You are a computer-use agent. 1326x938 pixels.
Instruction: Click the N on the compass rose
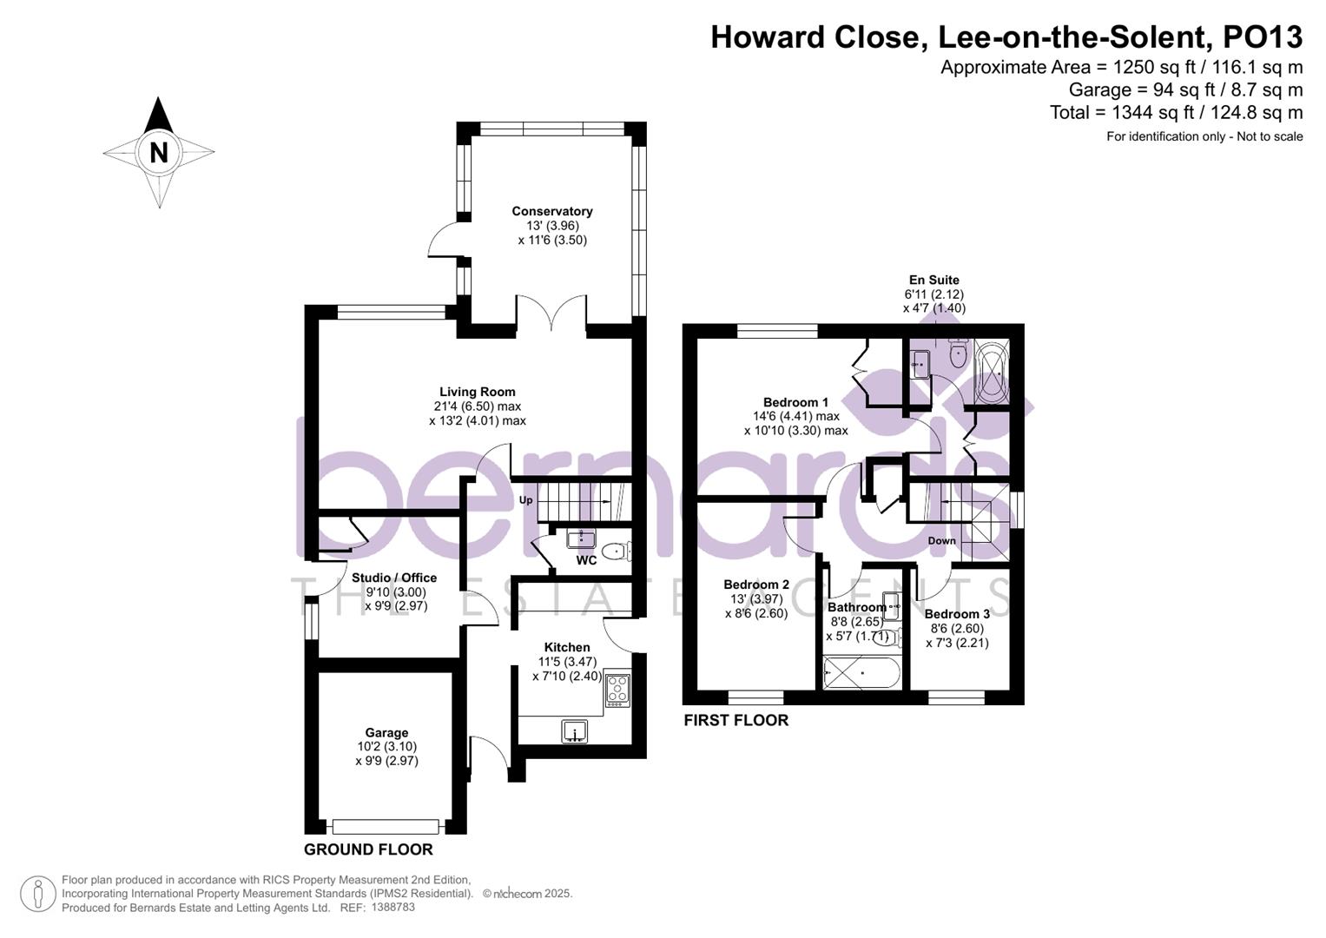click(x=158, y=153)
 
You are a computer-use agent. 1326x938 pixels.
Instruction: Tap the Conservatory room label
click(x=551, y=211)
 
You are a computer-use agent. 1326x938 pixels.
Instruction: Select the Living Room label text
click(x=477, y=392)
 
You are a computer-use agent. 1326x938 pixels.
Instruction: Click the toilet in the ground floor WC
click(x=617, y=551)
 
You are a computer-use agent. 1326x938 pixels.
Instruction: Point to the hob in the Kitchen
click(x=617, y=688)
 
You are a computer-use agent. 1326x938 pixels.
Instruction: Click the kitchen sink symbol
click(x=575, y=732)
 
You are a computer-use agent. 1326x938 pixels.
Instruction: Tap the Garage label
click(x=386, y=732)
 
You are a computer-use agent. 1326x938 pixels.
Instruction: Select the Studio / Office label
click(x=394, y=578)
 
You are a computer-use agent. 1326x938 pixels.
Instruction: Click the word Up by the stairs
click(x=525, y=500)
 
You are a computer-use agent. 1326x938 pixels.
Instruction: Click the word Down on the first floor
click(x=941, y=540)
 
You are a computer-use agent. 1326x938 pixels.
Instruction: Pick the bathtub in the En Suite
click(x=992, y=373)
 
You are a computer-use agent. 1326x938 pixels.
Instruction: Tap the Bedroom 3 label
click(x=957, y=614)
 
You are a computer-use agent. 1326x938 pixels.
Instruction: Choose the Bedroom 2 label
click(x=755, y=585)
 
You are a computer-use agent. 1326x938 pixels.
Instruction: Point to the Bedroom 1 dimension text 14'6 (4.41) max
click(x=795, y=416)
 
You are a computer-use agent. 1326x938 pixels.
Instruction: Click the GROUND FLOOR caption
click(x=368, y=849)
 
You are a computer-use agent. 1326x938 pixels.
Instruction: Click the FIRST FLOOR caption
click(x=736, y=720)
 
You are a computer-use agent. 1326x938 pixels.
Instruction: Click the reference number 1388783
click(x=393, y=907)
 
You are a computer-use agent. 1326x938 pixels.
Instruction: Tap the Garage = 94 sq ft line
click(x=1184, y=89)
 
